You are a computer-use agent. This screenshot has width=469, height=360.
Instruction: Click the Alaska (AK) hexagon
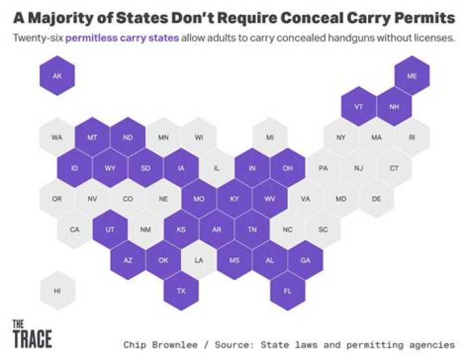(57, 76)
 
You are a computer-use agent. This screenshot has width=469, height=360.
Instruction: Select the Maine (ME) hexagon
(412, 76)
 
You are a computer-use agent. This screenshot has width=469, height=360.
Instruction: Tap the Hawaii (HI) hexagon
(57, 290)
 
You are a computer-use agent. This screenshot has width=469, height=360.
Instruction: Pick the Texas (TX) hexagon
(181, 290)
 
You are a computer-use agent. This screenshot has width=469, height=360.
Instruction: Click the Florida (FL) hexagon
(287, 290)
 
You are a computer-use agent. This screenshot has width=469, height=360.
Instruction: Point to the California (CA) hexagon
(75, 229)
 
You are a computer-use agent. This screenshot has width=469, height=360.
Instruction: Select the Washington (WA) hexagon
(57, 137)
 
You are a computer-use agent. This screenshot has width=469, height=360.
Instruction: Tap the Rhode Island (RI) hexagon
(412, 137)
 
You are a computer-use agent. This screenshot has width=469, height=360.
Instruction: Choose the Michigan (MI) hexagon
(270, 137)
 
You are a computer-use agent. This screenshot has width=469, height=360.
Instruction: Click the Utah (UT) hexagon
(110, 229)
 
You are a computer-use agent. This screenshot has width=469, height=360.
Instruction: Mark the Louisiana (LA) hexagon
(199, 260)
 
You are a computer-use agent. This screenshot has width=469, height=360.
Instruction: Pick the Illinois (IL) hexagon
(216, 168)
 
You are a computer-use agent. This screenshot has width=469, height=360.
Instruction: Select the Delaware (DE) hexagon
(376, 199)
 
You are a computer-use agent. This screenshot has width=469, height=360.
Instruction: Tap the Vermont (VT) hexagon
(358, 107)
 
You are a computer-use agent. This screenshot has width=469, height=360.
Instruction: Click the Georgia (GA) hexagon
(305, 260)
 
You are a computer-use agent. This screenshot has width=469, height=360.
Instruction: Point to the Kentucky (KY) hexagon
(234, 199)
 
